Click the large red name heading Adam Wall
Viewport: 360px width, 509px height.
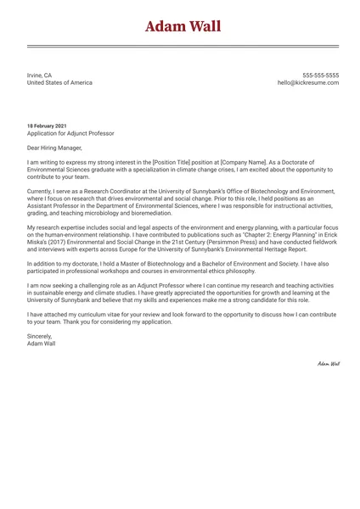coord(183,26)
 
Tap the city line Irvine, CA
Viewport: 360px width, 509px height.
coord(39,75)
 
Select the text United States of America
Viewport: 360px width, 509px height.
coord(59,82)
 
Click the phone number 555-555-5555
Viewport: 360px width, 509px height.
coord(320,75)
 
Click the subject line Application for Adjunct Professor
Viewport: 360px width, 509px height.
coord(70,133)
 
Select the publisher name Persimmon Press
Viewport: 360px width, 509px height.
coord(211,243)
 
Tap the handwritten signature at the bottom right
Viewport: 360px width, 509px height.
coord(328,363)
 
